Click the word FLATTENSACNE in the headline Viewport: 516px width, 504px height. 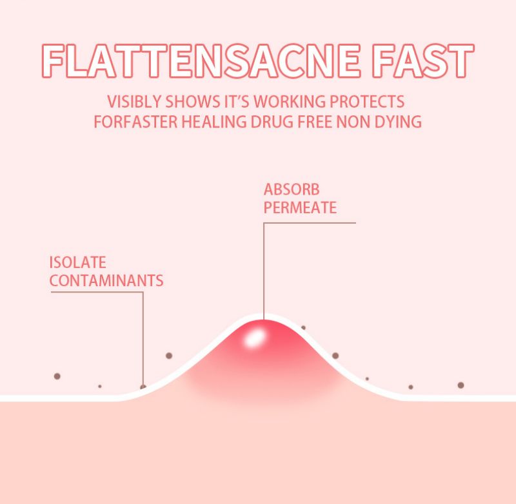click(x=201, y=61)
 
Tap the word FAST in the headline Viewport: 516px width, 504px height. click(x=423, y=61)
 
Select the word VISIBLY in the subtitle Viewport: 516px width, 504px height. click(x=134, y=101)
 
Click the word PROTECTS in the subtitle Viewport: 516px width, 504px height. click(x=367, y=101)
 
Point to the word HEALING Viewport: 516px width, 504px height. click(x=214, y=122)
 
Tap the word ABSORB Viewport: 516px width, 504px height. click(x=292, y=189)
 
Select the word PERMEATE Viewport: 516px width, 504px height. click(x=300, y=208)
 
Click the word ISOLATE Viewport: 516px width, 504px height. click(x=77, y=262)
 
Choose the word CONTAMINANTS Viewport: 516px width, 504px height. click(x=106, y=281)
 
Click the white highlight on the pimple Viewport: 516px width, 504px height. click(x=254, y=338)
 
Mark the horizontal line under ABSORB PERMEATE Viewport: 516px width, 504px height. click(x=310, y=223)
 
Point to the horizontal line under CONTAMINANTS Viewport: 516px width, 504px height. click(x=97, y=292)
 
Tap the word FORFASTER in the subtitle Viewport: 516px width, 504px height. click(x=136, y=122)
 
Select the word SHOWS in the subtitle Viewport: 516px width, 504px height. click(x=192, y=101)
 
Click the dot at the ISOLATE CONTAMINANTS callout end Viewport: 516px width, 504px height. click(x=143, y=387)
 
